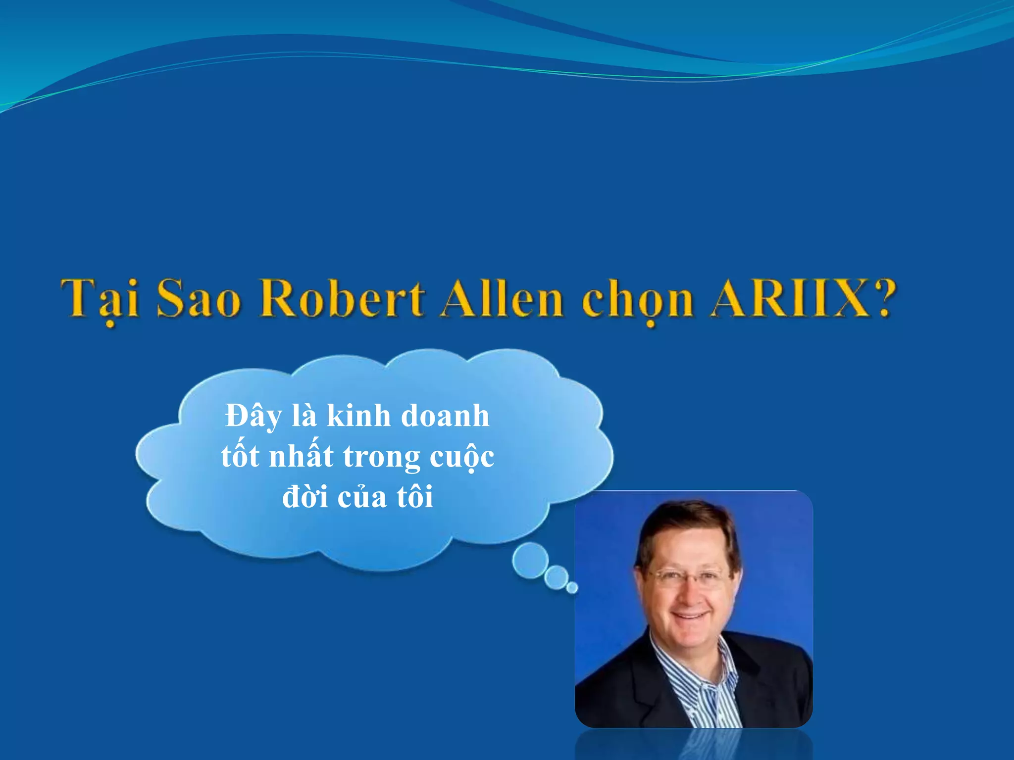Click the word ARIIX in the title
coord(790,299)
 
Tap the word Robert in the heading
coord(342,299)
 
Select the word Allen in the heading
coord(502,299)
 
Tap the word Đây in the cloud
coord(253,417)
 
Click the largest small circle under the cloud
coord(530,560)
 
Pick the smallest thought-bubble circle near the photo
coord(572,587)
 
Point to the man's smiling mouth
coord(690,616)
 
